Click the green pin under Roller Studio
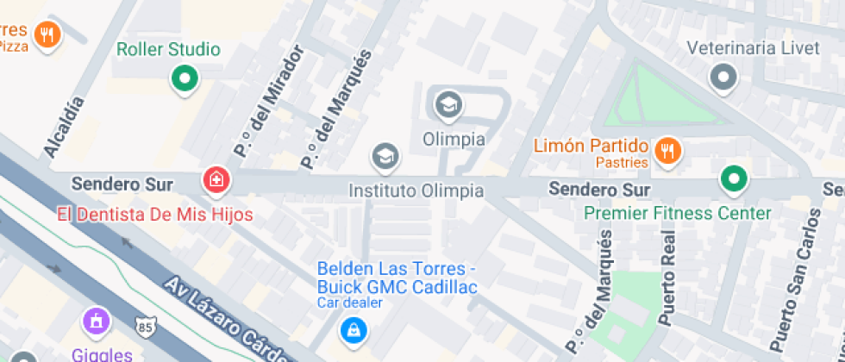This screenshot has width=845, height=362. click(x=183, y=80)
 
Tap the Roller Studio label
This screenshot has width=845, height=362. click(x=168, y=50)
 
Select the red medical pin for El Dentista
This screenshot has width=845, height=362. click(x=216, y=180)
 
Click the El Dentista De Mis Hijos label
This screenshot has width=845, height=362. click(x=155, y=213)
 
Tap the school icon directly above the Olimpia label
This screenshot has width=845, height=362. click(x=448, y=106)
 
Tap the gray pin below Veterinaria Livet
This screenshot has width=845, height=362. click(x=723, y=78)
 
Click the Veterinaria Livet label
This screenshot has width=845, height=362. click(x=754, y=47)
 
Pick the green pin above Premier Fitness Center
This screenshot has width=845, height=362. click(x=734, y=180)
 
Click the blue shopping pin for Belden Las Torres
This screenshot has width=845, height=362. click(x=351, y=328)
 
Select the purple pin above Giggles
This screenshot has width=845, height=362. click(x=97, y=321)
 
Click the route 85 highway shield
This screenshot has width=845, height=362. click(x=146, y=326)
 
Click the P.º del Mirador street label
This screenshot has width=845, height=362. click(x=269, y=103)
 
